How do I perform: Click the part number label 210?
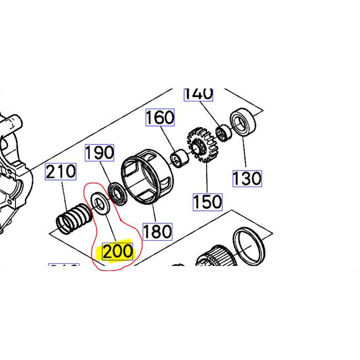61,171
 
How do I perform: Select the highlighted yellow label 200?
118,252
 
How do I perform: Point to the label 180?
157,231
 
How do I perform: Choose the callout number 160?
160,118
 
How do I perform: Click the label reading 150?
207,201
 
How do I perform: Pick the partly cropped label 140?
198,94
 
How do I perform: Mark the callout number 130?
247,178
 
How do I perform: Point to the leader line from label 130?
244,152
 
